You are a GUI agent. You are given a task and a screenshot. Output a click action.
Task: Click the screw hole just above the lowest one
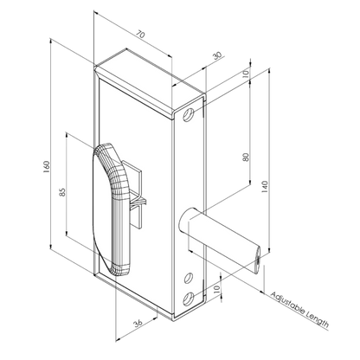click(x=189, y=278)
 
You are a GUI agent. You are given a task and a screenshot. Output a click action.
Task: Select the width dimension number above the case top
click(x=140, y=33)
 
